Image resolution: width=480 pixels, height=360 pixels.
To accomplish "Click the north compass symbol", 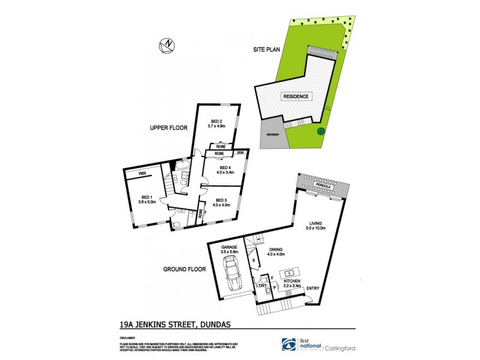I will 167,44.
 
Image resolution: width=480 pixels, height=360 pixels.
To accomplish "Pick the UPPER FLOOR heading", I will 170,128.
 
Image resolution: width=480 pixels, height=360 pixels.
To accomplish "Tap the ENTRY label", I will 313,289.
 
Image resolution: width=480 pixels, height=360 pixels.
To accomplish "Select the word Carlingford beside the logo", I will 341,347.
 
